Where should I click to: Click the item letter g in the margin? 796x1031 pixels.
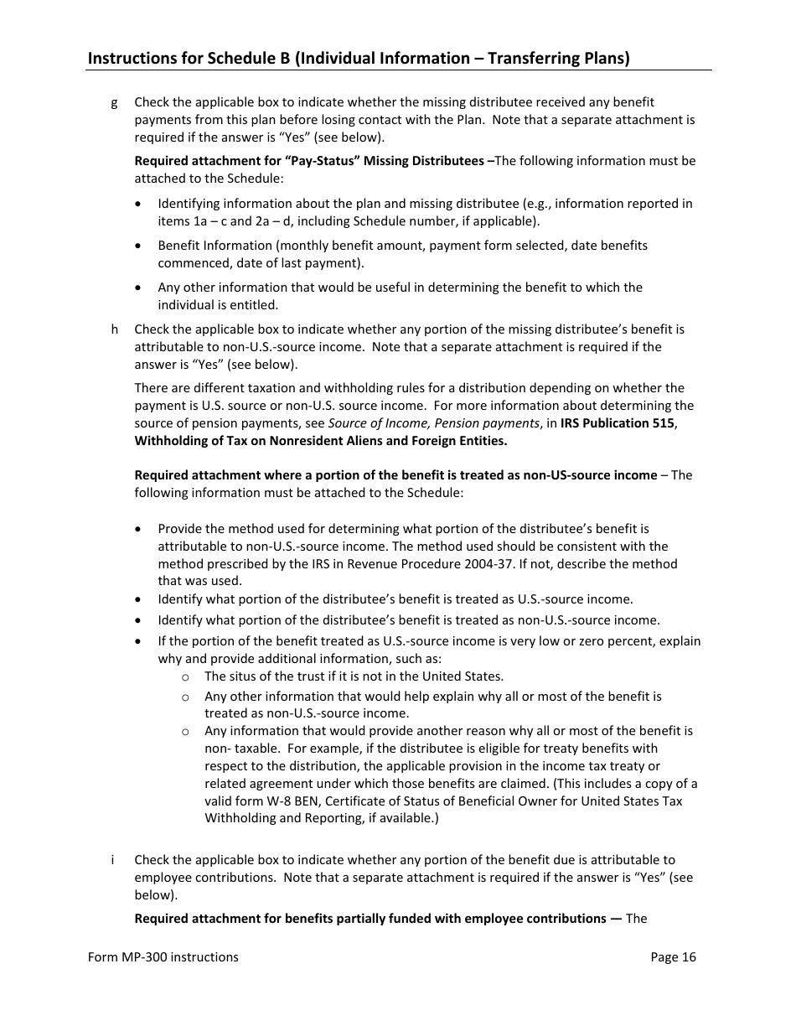tap(114, 102)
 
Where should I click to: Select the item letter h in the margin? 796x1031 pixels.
tap(114, 329)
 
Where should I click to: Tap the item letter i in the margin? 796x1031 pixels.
tap(113, 860)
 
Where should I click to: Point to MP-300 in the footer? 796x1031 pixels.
tap(142, 957)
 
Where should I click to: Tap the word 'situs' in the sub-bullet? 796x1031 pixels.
tap(243, 676)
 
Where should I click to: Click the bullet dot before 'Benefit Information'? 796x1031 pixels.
tap(139, 246)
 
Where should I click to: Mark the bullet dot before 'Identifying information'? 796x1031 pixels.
tap(139, 204)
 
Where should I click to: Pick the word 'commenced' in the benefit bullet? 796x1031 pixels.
tap(189, 263)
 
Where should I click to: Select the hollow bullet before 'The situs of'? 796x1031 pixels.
tap(185, 677)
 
